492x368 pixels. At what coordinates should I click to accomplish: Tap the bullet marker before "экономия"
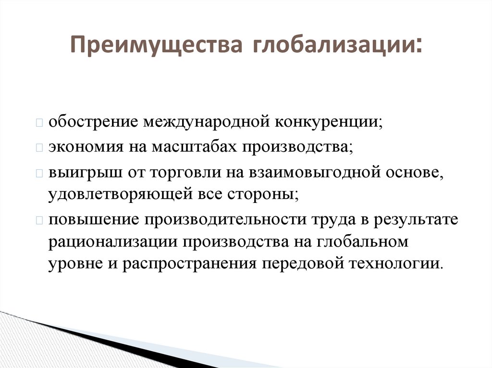point(39,148)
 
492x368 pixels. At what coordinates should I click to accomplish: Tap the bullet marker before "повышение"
point(39,220)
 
